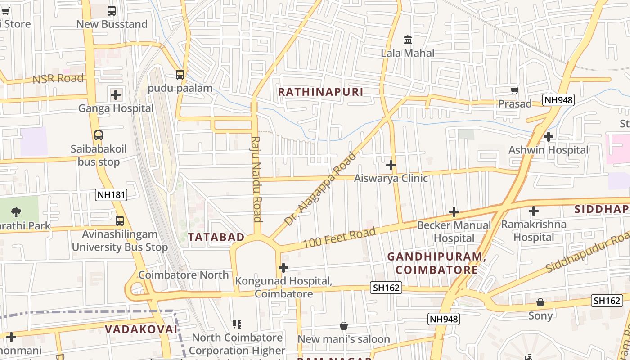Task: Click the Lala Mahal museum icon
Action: point(408,40)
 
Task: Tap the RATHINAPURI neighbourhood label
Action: point(320,92)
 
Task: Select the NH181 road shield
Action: point(111,195)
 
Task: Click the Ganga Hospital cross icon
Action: point(116,95)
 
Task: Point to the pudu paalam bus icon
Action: point(180,75)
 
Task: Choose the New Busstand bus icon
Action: point(112,11)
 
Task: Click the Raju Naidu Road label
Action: point(257,179)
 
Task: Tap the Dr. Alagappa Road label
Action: point(320,189)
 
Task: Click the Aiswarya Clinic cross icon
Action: point(391,165)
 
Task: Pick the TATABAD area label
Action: point(216,237)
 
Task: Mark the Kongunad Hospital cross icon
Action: point(283,268)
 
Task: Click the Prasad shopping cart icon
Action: point(515,90)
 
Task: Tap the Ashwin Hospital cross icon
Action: point(548,136)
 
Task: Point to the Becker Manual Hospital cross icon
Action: point(454,211)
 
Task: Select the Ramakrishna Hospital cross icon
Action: point(534,211)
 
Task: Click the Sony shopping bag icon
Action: point(540,302)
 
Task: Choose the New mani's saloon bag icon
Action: point(344,326)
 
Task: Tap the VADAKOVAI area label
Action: point(141,329)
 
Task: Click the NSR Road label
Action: point(58,79)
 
